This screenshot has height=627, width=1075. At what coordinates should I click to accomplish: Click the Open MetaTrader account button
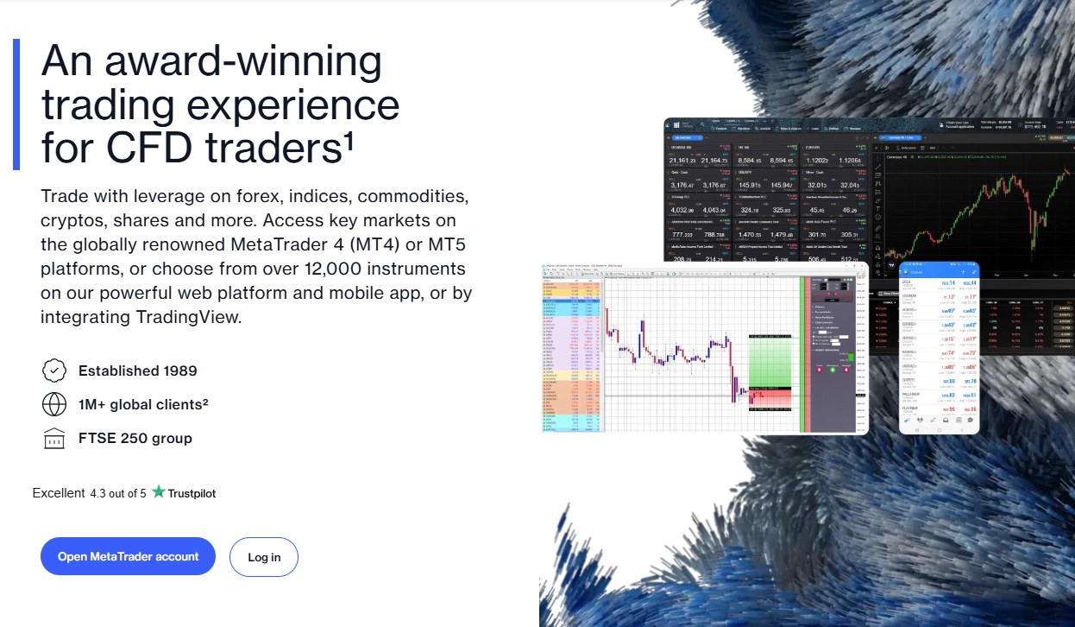coord(128,557)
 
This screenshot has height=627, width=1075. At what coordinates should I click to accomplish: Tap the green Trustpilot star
coord(158,492)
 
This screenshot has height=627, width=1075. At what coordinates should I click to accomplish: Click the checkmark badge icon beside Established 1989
coord(54,370)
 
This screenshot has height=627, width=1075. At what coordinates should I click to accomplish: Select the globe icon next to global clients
coord(54,404)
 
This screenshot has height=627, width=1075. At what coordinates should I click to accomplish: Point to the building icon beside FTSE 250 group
coord(54,438)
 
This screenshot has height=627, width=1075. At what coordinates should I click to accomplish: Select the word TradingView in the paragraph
coord(189,316)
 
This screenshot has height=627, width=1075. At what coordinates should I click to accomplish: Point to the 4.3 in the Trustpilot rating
coord(99,493)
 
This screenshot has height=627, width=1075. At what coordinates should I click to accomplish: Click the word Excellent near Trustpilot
coord(59,493)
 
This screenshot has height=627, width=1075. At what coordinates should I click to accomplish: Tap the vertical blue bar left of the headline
coord(16,104)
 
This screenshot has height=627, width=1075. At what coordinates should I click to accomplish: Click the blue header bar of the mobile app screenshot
coord(939,271)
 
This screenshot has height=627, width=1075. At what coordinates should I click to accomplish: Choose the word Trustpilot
coord(192,493)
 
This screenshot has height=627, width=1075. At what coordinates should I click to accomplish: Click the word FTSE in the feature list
coord(97,438)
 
